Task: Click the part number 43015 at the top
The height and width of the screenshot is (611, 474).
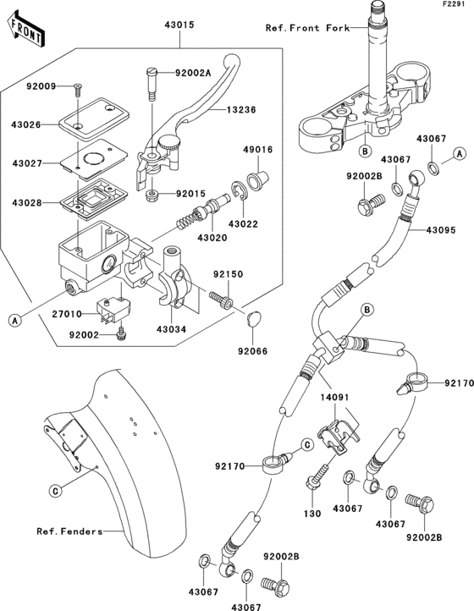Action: [x=179, y=25]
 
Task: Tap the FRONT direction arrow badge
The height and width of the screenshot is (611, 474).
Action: [x=26, y=32]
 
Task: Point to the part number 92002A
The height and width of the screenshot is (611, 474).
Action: [x=193, y=74]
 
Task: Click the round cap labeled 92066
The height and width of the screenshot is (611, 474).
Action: [x=252, y=318]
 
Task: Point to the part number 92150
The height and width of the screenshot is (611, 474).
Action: [x=227, y=275]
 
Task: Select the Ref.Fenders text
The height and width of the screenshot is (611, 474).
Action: [x=69, y=531]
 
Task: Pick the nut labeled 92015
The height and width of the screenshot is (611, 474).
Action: [x=153, y=196]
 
